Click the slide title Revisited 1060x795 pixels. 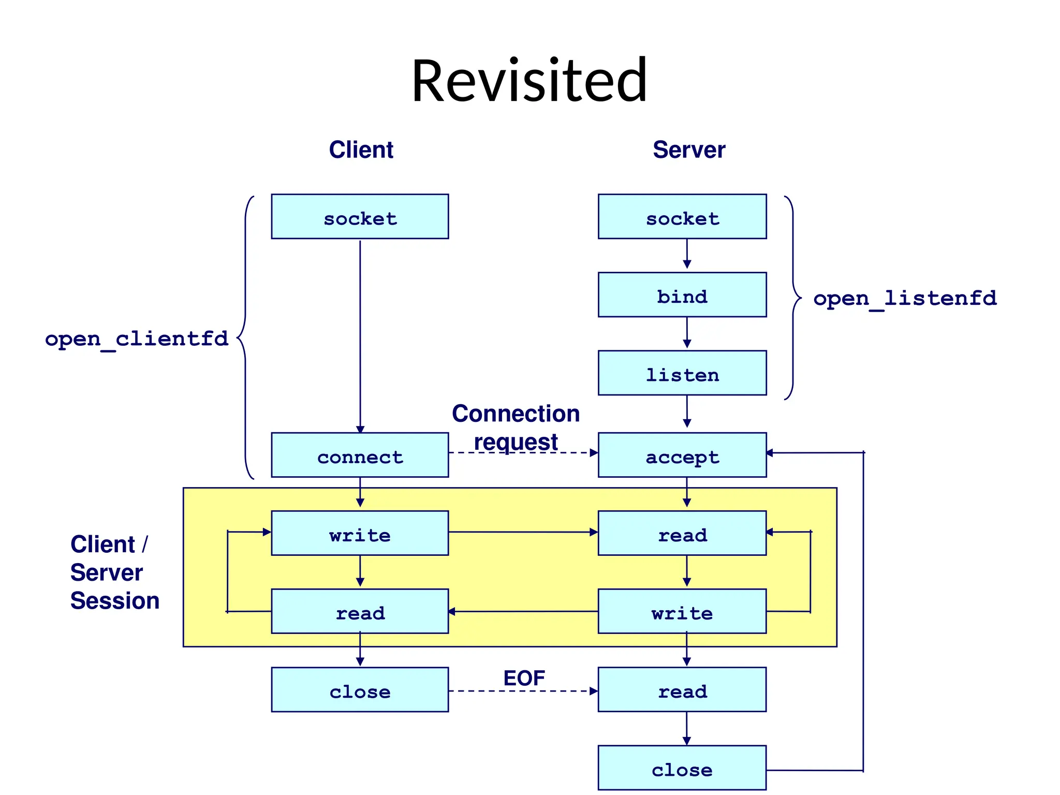tap(529, 81)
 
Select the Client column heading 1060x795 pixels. tap(361, 150)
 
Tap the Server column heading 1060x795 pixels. tap(688, 150)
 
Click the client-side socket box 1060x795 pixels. tap(360, 217)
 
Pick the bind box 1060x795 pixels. tap(682, 295)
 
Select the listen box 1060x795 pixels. tap(682, 373)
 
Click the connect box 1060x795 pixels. tap(360, 455)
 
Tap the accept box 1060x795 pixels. tap(682, 455)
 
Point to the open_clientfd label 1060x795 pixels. tap(137, 339)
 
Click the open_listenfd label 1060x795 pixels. tap(905, 299)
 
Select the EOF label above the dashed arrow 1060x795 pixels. tap(524, 679)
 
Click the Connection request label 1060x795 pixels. tap(516, 428)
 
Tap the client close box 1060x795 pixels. tap(360, 690)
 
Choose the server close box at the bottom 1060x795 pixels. tap(682, 768)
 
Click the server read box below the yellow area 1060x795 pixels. tap(682, 690)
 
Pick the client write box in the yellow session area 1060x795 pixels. tap(360, 534)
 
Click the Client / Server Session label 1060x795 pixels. tap(114, 572)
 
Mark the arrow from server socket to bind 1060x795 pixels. tap(687, 254)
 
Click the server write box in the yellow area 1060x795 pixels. tap(682, 612)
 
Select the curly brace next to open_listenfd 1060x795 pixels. tap(793, 298)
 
